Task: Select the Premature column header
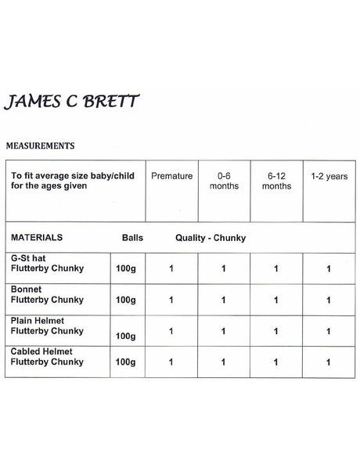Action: (x=171, y=177)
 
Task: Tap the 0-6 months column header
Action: (x=223, y=182)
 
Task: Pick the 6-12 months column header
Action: (x=276, y=182)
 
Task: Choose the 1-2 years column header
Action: (x=329, y=177)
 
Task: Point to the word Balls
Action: (x=132, y=236)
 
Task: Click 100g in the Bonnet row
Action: (x=125, y=300)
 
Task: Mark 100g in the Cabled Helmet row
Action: (x=125, y=362)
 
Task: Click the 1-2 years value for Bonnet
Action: (x=329, y=300)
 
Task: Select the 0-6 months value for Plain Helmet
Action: (x=223, y=330)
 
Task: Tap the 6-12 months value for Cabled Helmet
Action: (x=276, y=362)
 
